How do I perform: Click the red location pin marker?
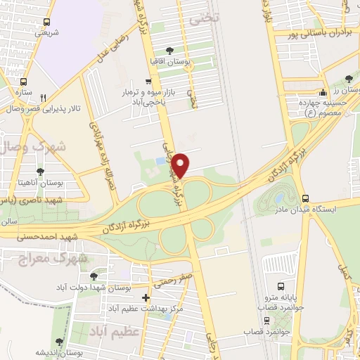point(181,165)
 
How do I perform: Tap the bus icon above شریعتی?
point(46,22)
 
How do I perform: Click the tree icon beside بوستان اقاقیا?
point(169,50)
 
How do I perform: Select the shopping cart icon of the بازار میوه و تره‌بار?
point(147,82)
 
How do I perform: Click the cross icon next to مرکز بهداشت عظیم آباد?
point(146,297)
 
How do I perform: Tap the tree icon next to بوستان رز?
point(349,79)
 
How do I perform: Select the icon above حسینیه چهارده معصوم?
point(323,92)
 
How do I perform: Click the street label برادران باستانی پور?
point(317,32)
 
